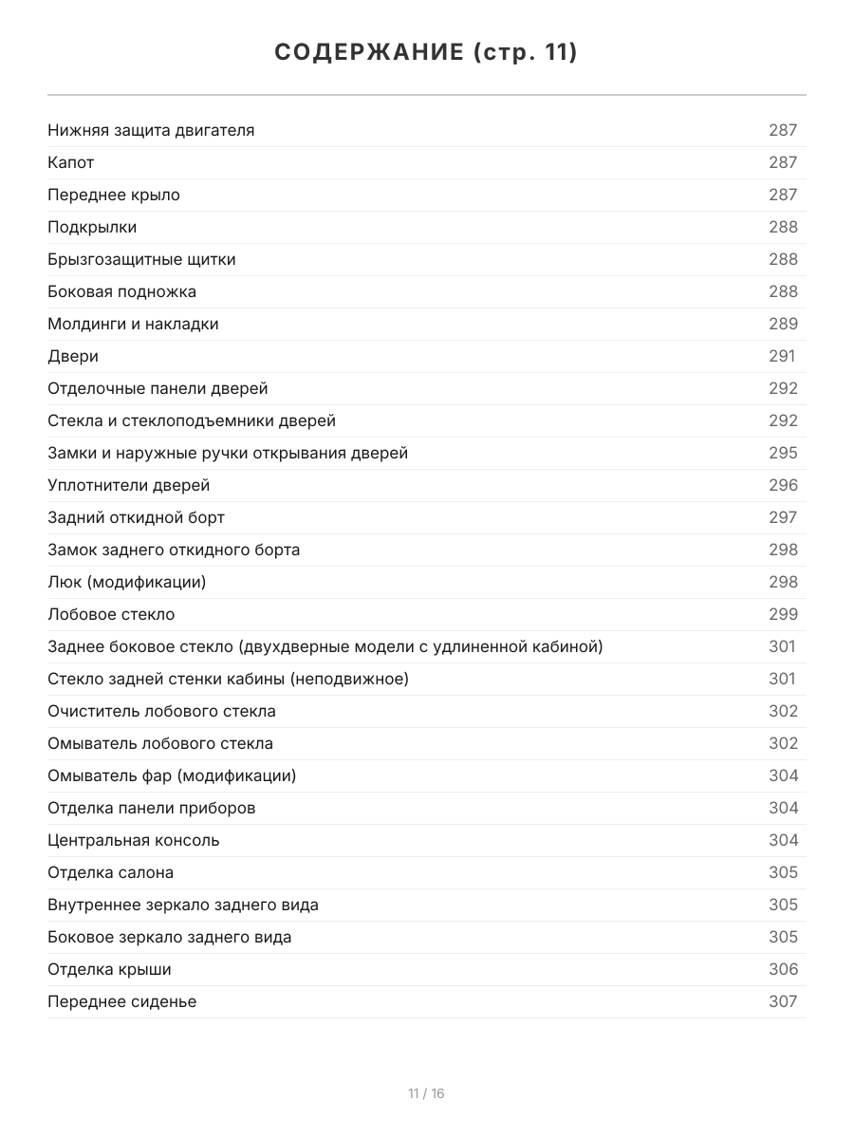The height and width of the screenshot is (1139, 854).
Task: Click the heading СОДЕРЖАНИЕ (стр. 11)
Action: point(426,52)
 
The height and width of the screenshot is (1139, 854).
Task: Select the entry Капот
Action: point(71,162)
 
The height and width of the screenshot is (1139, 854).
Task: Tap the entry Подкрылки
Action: point(92,227)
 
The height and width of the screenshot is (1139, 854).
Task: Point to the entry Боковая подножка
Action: point(121,291)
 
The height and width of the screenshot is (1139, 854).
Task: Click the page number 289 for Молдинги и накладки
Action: point(783,324)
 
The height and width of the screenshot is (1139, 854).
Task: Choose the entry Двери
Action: point(73,356)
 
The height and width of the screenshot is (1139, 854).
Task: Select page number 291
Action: point(782,356)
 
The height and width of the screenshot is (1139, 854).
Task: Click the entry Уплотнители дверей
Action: point(128,485)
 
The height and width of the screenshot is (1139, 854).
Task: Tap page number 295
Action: point(783,453)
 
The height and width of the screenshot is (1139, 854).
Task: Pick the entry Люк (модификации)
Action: point(126,582)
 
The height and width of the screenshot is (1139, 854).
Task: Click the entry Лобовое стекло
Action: point(111,614)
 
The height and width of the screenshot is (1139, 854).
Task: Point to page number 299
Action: point(783,614)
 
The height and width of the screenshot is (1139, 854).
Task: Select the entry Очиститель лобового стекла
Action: point(161,711)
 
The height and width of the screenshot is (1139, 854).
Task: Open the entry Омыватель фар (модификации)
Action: point(172,775)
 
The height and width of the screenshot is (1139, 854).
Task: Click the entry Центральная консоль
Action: point(133,840)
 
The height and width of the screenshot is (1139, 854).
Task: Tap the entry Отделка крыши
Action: point(109,969)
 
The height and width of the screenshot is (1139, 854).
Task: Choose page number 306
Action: point(783,969)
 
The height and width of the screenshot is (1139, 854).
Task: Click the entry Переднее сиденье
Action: point(121,1001)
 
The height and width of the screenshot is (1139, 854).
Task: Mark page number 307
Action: point(783,1001)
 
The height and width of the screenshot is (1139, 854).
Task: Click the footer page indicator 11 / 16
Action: point(426,1093)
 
